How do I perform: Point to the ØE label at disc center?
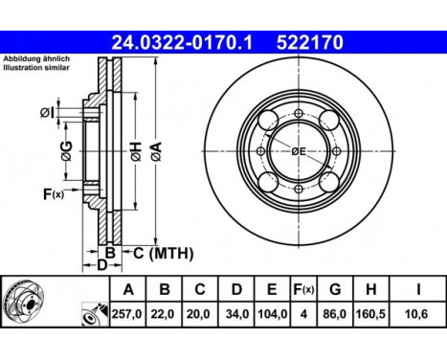[299, 151]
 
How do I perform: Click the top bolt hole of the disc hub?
[299, 113]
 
